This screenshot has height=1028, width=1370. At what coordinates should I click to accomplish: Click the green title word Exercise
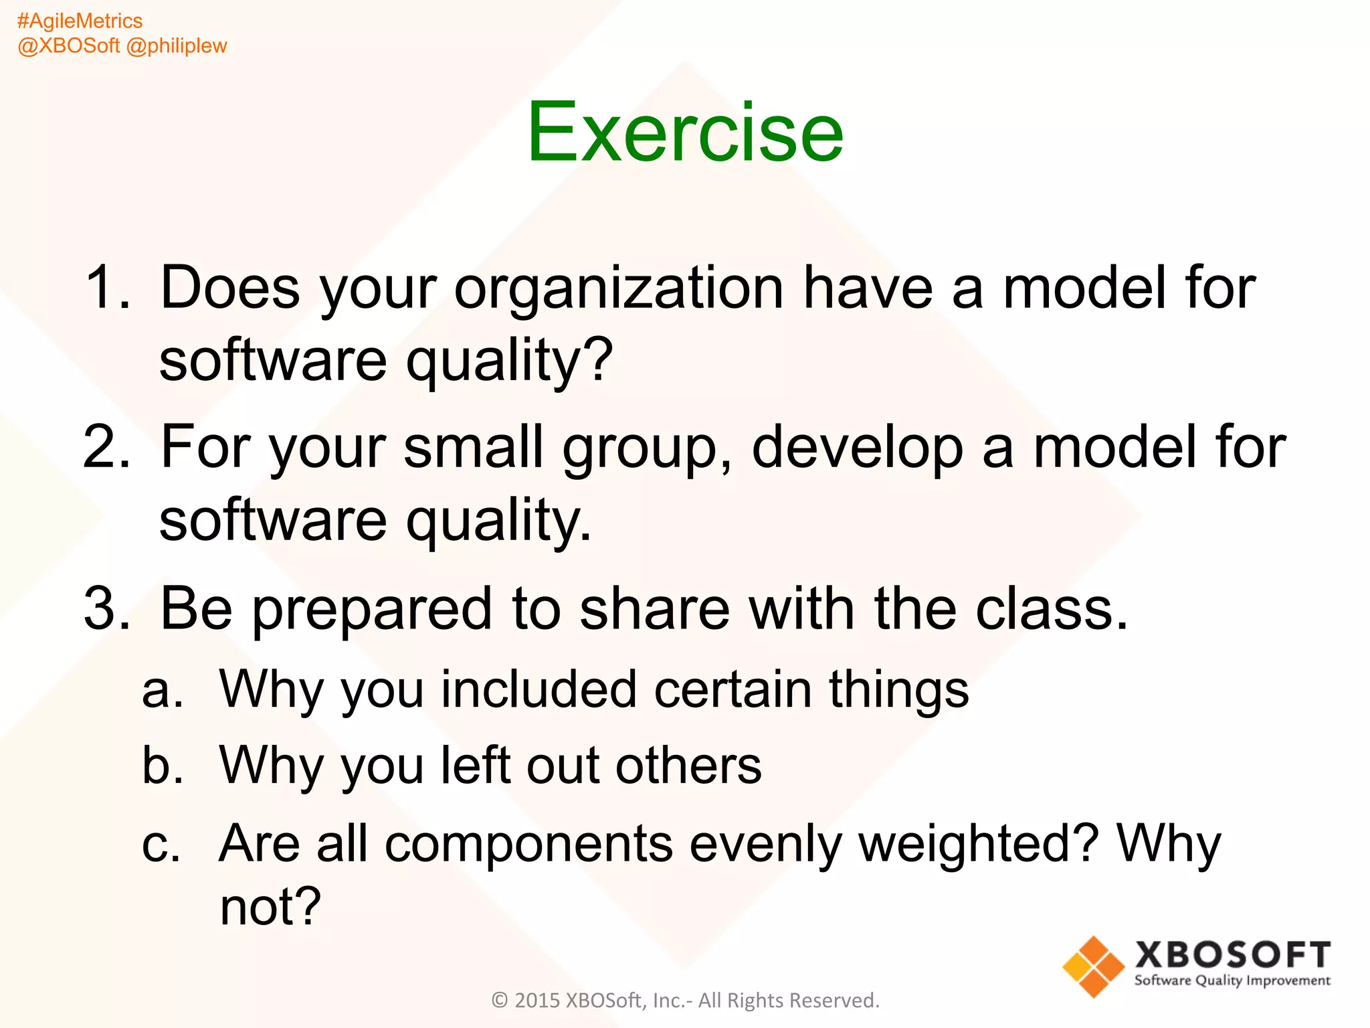pyautogui.click(x=684, y=132)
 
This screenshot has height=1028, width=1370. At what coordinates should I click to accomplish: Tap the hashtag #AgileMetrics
pyautogui.click(x=80, y=21)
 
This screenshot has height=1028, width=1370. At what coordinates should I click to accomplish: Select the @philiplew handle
pyautogui.click(x=177, y=46)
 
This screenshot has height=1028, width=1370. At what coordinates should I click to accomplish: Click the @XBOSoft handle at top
pyautogui.click(x=69, y=46)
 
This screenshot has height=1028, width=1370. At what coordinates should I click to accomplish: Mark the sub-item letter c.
pyautogui.click(x=161, y=845)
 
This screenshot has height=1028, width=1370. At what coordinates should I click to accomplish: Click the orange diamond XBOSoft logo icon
pyautogui.click(x=1093, y=966)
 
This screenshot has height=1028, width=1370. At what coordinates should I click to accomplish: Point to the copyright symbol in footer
pyautogui.click(x=500, y=1001)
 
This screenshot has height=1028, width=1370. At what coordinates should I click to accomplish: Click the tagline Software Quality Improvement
pyautogui.click(x=1232, y=980)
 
